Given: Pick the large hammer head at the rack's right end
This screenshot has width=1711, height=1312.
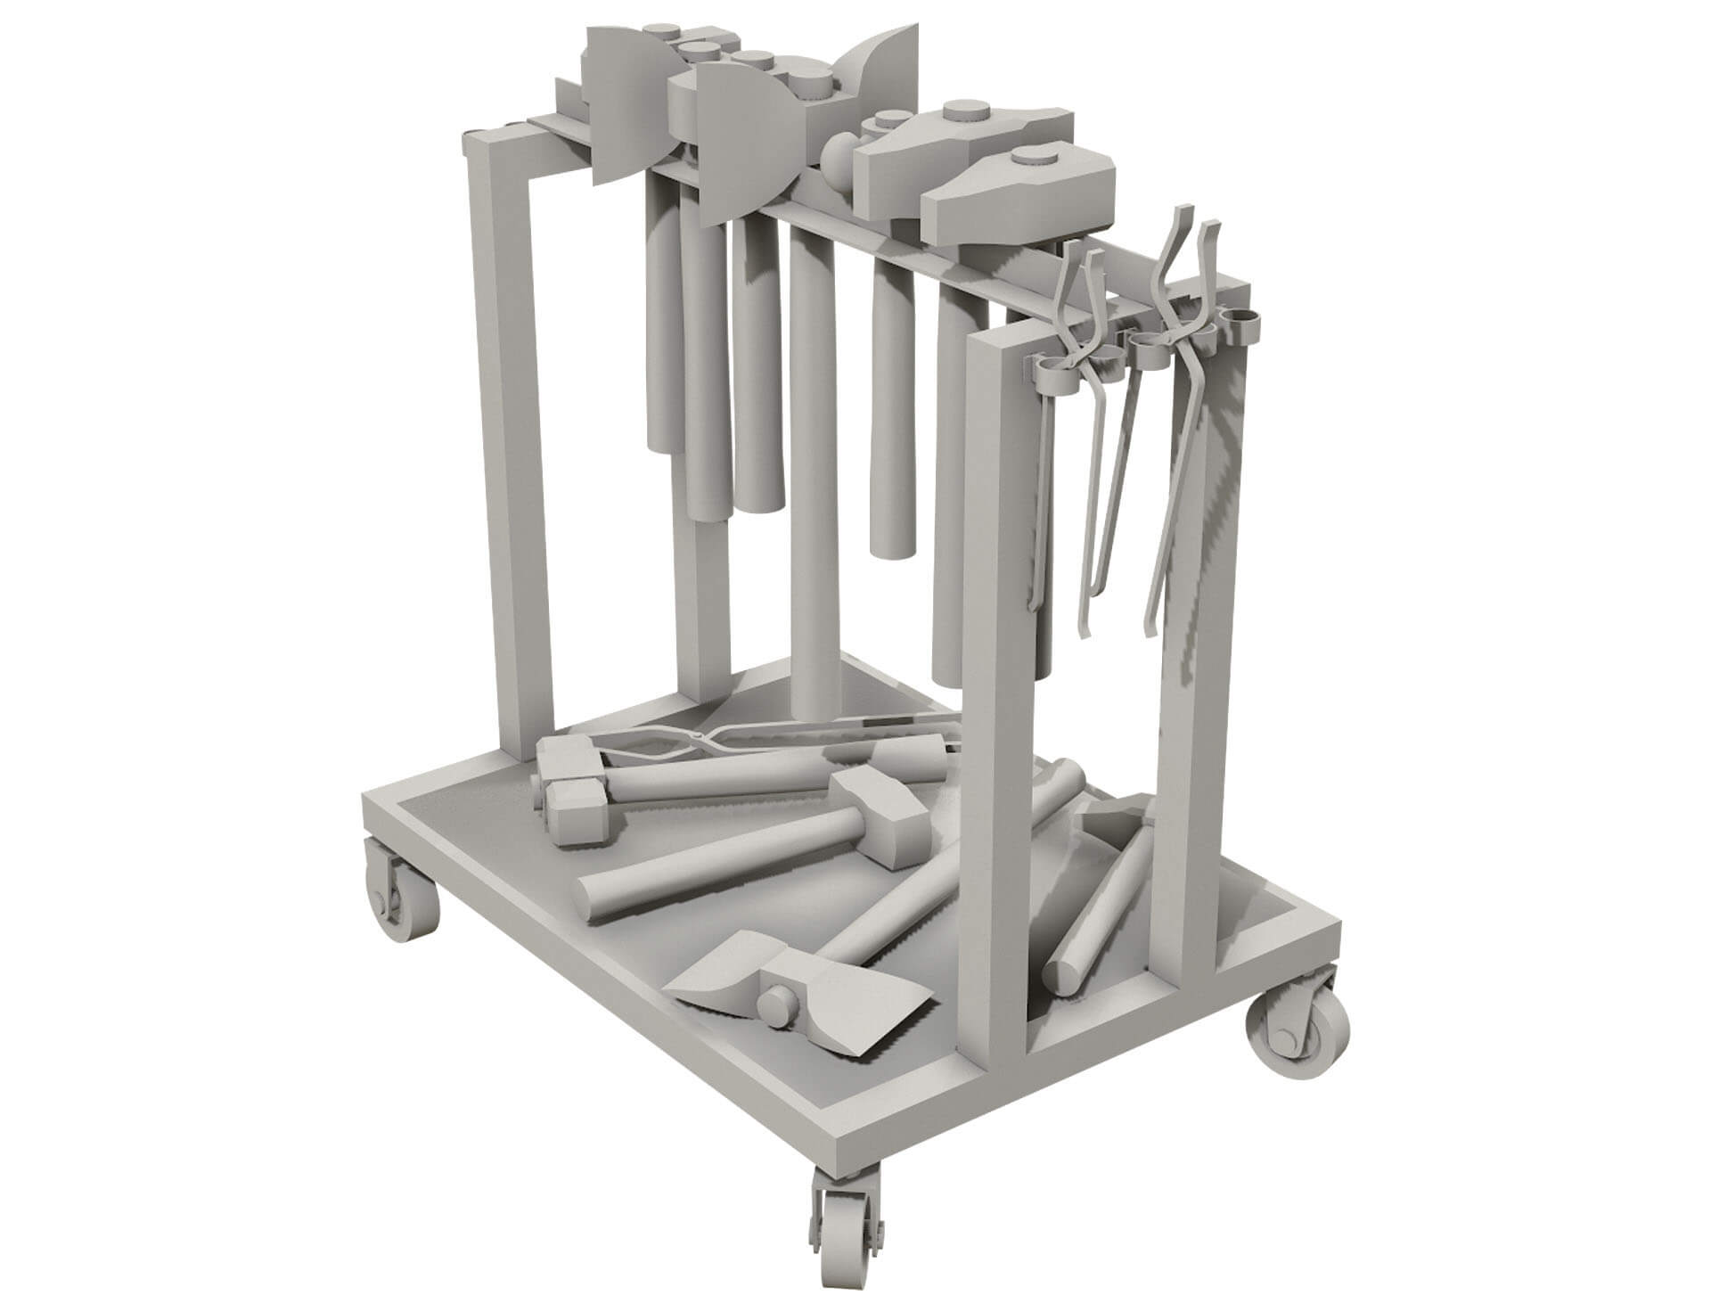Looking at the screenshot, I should [1020, 196].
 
